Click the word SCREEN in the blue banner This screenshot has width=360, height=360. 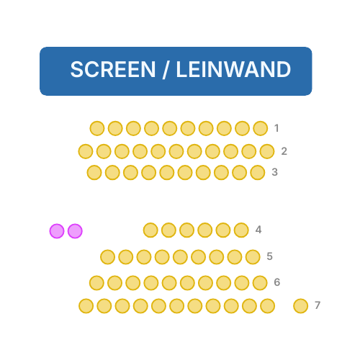point(113,69)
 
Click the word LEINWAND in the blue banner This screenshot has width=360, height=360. point(233,69)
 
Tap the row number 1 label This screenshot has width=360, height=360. point(276,128)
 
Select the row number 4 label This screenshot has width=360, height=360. point(258,230)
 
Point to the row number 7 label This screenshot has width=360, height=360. point(318,305)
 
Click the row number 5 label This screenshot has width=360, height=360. point(270,256)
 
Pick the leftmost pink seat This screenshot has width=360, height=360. point(57,231)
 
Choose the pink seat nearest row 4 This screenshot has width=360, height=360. point(75,231)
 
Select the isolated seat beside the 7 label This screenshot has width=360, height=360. point(301,306)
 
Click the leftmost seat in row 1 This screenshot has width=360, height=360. point(97,128)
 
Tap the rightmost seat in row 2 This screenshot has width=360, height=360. point(267,151)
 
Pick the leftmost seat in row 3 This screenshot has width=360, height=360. point(94,173)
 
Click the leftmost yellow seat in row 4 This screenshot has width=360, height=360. point(150,230)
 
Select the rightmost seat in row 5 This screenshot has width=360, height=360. point(253,257)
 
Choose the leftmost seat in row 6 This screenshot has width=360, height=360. point(96,283)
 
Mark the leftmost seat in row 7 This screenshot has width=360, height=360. point(86,306)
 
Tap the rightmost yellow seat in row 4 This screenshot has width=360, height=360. point(241,230)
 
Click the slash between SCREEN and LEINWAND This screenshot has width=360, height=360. point(166,70)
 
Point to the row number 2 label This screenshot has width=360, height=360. point(284,151)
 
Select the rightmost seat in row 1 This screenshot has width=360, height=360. point(261,128)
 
